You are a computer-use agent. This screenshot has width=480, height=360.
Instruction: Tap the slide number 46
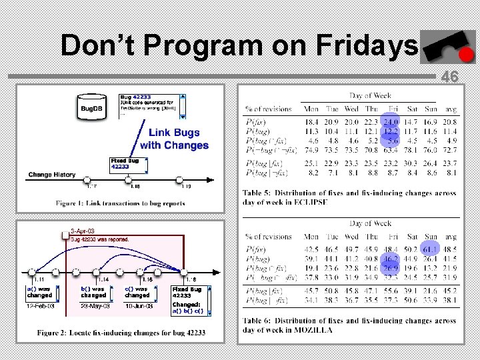[x=450, y=77]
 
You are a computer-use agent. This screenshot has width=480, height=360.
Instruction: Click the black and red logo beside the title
[x=446, y=47]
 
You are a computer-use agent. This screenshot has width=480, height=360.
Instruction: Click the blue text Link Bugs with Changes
[x=174, y=139]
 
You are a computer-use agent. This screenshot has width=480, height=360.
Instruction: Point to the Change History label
[x=52, y=175]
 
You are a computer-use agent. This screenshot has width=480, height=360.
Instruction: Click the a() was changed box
[x=40, y=292]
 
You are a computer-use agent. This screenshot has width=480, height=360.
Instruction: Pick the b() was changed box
[x=93, y=292]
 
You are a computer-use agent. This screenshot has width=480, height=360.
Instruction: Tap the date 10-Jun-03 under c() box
[x=137, y=306]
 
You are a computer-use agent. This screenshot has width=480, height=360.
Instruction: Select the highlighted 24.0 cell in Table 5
[x=391, y=122]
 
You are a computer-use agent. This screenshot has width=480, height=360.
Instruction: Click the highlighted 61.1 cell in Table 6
[x=429, y=249]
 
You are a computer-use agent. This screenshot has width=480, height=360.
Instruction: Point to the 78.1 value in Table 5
[x=411, y=151]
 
